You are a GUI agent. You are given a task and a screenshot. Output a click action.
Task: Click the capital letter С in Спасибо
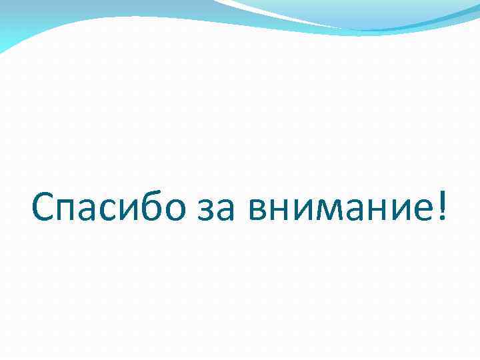point(43,209)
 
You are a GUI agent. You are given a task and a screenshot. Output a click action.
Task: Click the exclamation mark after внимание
point(440,209)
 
